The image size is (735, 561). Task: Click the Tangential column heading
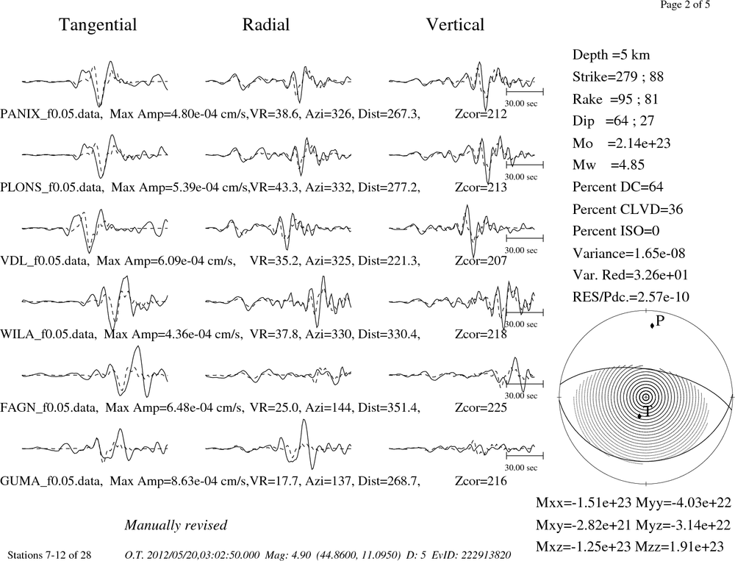[x=98, y=25]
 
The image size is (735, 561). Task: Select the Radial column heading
[x=266, y=24]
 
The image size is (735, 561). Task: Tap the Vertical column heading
[x=455, y=24]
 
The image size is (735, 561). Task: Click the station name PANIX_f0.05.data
[x=51, y=115]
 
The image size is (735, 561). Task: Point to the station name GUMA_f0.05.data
[x=51, y=482]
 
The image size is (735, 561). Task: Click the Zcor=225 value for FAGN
[x=481, y=407]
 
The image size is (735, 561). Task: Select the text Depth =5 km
[x=612, y=55]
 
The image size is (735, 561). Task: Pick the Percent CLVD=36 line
[x=628, y=210]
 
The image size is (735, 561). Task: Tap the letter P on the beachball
[x=660, y=321]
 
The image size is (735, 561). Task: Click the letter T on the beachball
[x=647, y=412]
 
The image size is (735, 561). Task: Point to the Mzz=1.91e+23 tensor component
[x=679, y=546]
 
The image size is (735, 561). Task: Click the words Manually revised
[x=176, y=525]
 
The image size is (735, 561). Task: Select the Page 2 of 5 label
[x=685, y=5]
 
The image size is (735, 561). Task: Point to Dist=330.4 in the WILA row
[x=389, y=335]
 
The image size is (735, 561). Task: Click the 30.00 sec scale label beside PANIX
[x=521, y=104]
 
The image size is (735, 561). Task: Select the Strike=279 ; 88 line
[x=618, y=77]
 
